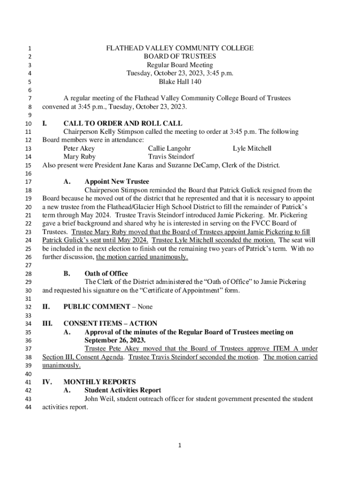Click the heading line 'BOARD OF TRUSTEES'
(x=180, y=57)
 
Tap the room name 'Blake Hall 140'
(x=180, y=82)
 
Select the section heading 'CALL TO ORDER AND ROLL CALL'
(x=123, y=123)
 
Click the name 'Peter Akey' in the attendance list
(x=79, y=148)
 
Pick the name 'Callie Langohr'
(x=169, y=148)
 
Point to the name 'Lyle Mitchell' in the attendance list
(x=252, y=148)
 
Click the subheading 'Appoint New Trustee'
(x=117, y=181)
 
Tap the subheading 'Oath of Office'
(x=106, y=274)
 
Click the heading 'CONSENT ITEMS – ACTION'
(x=110, y=324)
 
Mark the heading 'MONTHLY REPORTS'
(x=100, y=382)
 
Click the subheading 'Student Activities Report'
(x=122, y=390)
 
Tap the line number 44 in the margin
(x=28, y=407)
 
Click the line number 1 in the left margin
(x=29, y=49)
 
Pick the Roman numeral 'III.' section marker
(x=47, y=324)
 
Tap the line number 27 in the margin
(x=28, y=265)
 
